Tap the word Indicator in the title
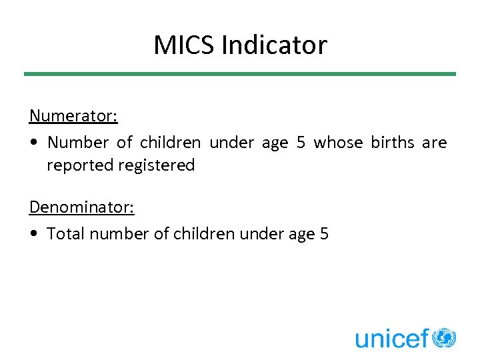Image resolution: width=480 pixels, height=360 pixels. (x=274, y=45)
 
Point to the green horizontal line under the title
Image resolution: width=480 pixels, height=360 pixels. (x=240, y=74)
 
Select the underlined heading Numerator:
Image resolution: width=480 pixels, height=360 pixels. (x=73, y=116)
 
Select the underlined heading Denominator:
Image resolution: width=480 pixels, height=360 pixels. (x=82, y=207)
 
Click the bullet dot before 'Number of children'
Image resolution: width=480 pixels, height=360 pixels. (x=33, y=143)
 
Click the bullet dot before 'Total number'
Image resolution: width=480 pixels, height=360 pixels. (x=33, y=235)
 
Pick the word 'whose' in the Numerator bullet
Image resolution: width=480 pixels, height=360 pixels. (x=338, y=143)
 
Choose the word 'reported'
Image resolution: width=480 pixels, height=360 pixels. (x=80, y=166)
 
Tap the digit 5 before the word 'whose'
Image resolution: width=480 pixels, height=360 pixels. (x=300, y=143)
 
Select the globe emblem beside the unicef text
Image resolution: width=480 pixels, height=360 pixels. (x=444, y=337)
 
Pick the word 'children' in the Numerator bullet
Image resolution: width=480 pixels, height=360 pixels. (x=170, y=143)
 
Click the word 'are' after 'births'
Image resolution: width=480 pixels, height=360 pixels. (x=434, y=143)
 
